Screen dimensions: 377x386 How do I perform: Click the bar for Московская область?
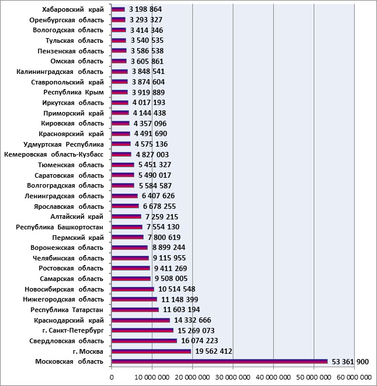click(x=219, y=361)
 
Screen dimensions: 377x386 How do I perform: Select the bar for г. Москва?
click(x=151, y=351)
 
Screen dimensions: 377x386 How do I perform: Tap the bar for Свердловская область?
click(x=144, y=341)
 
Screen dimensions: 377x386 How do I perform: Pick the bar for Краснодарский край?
click(x=141, y=320)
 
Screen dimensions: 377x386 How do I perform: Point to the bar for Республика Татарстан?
click(x=135, y=310)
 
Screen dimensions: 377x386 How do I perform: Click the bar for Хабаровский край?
click(x=118, y=9)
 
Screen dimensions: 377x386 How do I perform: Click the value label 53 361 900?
click(x=350, y=361)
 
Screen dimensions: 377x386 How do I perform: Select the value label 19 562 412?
click(x=213, y=351)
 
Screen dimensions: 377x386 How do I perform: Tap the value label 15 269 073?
click(x=196, y=330)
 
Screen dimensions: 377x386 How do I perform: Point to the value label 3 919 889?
click(x=148, y=92)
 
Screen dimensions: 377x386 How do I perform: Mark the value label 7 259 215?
click(x=162, y=216)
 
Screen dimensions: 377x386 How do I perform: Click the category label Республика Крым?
click(x=73, y=92)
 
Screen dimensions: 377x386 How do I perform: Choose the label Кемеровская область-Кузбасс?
click(x=53, y=155)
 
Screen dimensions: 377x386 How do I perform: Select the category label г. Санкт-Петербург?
click(x=73, y=330)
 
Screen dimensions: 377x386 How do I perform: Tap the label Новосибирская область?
click(x=64, y=289)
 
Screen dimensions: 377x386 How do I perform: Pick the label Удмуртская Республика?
click(x=63, y=144)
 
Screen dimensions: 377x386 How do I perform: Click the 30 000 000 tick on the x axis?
click(x=233, y=377)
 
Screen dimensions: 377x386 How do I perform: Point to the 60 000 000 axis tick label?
click(x=354, y=377)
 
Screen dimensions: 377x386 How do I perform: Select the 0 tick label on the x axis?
click(x=112, y=377)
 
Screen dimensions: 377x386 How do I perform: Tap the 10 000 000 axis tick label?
click(x=152, y=377)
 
